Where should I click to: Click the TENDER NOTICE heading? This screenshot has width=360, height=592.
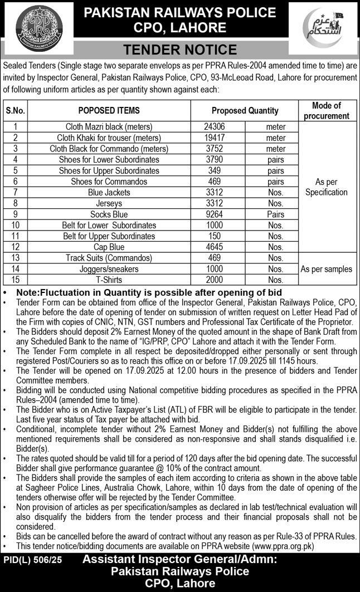180,50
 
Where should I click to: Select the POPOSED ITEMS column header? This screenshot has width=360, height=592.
109,110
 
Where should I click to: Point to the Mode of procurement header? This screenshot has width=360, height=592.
327,110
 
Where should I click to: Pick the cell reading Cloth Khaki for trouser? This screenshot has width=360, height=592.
109,138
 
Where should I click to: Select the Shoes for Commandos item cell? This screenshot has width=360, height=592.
109,182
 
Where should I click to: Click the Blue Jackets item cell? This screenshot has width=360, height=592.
109,192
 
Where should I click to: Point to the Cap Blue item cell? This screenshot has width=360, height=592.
109,247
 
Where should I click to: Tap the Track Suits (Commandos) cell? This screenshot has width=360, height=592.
109,258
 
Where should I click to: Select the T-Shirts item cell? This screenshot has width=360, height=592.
109,280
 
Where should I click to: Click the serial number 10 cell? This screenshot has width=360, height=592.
16,225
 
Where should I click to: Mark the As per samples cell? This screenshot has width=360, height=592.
327,269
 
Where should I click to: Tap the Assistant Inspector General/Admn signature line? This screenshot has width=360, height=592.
179,560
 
